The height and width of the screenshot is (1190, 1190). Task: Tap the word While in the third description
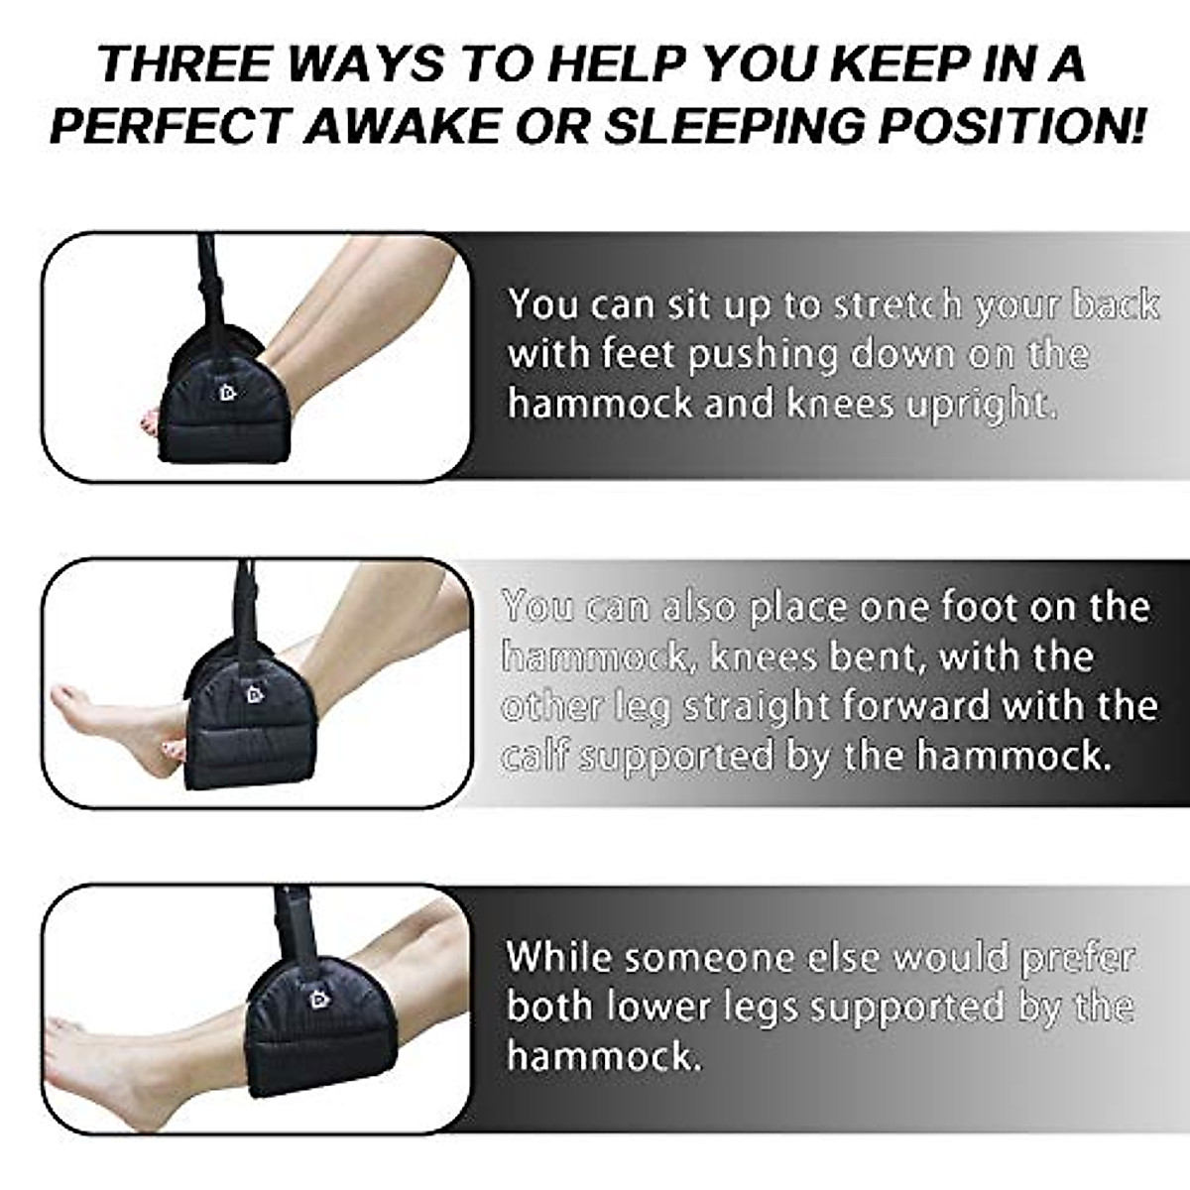pos(560,958)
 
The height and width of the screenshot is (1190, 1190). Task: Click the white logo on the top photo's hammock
pos(227,393)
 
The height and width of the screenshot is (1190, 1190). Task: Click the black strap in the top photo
pos(210,273)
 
